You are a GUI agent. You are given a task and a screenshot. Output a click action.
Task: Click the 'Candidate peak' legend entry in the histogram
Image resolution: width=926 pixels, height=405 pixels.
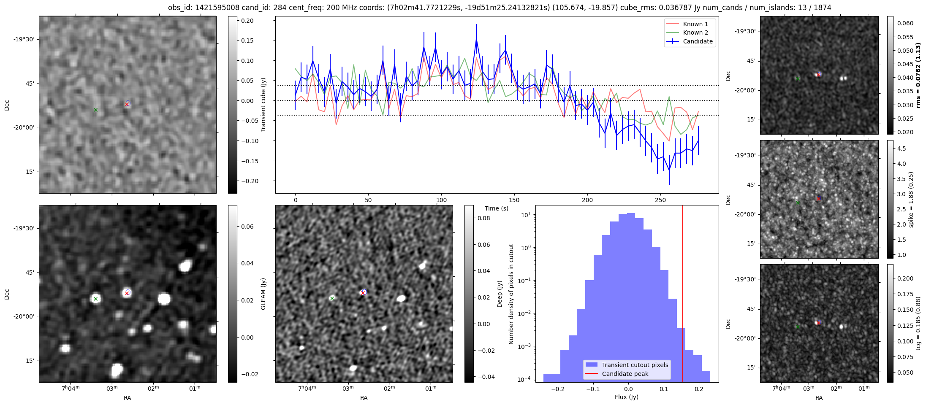click(x=625, y=374)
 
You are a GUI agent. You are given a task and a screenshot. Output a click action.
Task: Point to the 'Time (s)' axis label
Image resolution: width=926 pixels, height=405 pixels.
click(x=497, y=208)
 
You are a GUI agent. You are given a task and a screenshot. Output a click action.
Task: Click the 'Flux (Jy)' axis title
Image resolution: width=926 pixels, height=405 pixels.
click(x=627, y=397)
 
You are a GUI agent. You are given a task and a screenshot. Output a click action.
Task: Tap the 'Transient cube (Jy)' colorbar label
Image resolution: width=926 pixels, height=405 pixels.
click(x=263, y=105)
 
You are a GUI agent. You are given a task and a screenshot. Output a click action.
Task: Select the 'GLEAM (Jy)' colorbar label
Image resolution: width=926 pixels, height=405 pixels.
click(x=263, y=294)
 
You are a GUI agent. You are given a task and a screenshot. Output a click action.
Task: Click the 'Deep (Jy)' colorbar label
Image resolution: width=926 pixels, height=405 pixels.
click(x=500, y=294)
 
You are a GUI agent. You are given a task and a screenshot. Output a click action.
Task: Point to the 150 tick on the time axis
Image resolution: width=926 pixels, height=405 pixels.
click(x=514, y=200)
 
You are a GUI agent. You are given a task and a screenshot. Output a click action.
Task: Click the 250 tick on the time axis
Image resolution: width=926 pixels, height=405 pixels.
click(x=660, y=200)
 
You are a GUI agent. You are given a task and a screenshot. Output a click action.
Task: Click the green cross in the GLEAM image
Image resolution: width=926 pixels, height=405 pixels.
click(x=95, y=299)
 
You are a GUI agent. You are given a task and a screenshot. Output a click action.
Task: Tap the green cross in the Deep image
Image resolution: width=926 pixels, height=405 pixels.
click(x=332, y=299)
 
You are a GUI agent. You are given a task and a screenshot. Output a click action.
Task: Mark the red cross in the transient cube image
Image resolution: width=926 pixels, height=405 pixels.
click(x=127, y=104)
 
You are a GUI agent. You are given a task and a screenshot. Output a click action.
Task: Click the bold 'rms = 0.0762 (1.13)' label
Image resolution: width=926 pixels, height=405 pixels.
click(x=918, y=75)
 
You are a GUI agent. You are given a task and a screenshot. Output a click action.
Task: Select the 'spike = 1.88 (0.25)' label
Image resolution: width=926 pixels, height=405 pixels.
click(x=911, y=199)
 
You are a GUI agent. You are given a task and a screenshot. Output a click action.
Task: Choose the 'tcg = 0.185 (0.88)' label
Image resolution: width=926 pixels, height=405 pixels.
click(x=918, y=323)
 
